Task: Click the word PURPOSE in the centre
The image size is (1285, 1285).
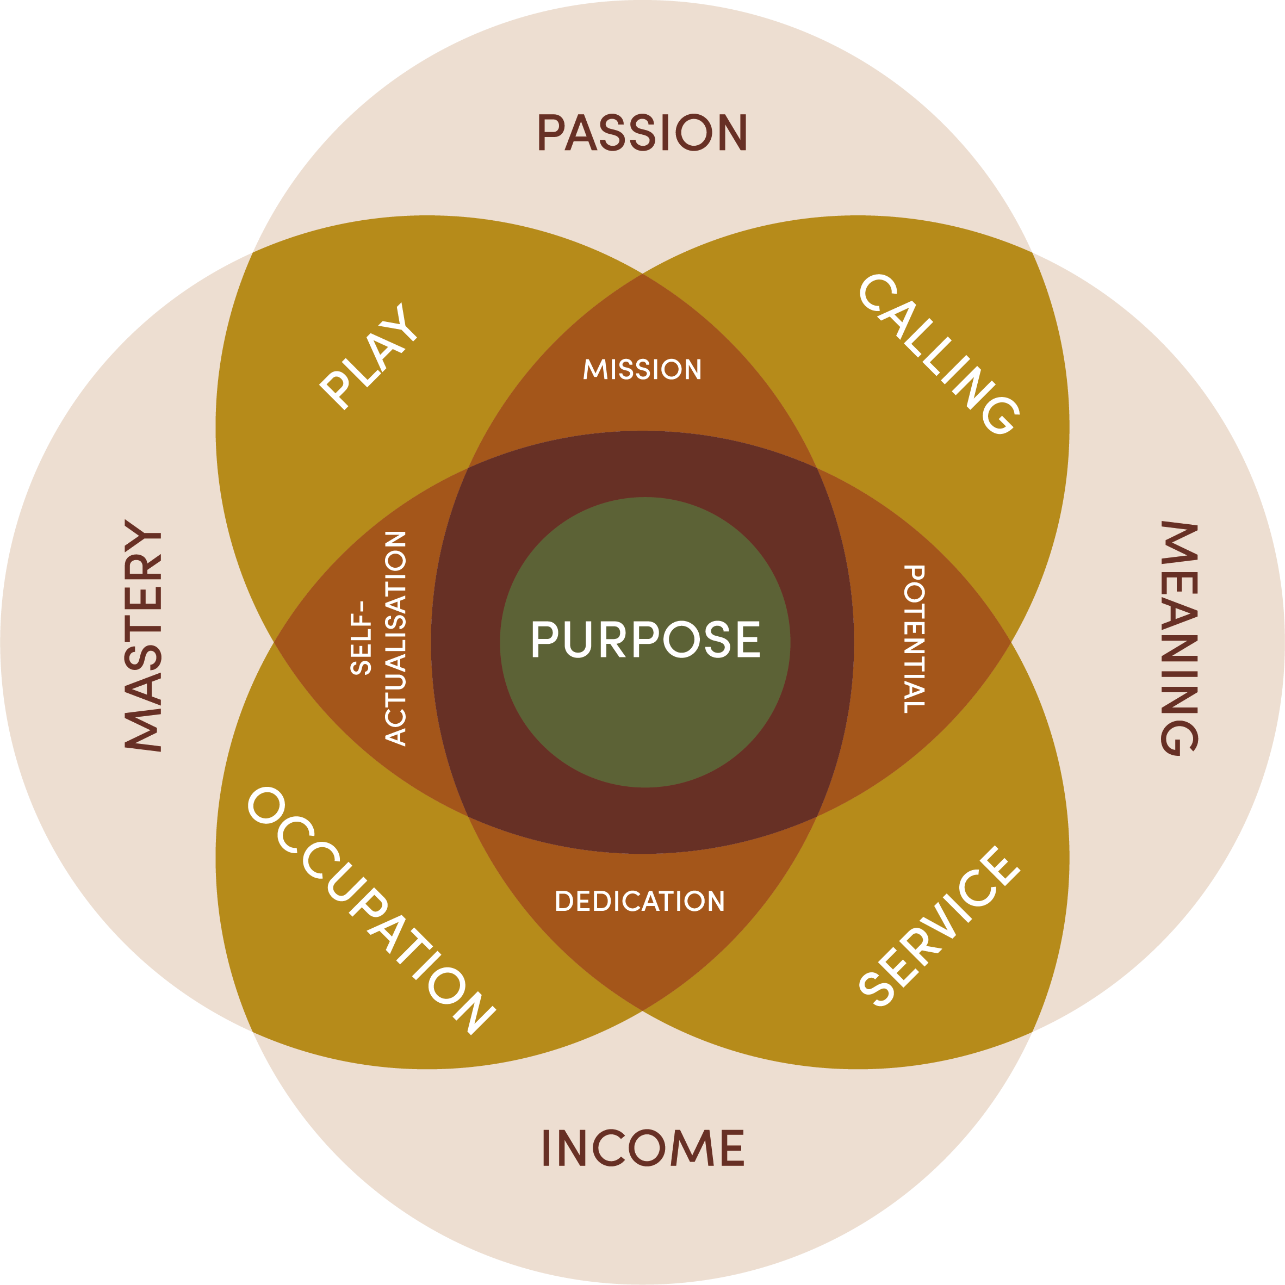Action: click(x=645, y=640)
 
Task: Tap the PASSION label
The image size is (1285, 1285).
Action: click(x=643, y=132)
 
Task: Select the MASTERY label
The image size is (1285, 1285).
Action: click(x=143, y=636)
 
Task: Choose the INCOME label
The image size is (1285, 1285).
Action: click(x=643, y=1147)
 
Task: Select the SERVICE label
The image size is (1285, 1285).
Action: click(x=939, y=926)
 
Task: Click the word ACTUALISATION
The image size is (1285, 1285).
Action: click(x=396, y=638)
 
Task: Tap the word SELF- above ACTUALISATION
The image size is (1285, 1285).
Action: click(x=360, y=638)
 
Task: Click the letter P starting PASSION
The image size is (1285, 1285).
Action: click(x=551, y=132)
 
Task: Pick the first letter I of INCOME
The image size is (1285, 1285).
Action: click(x=546, y=1147)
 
